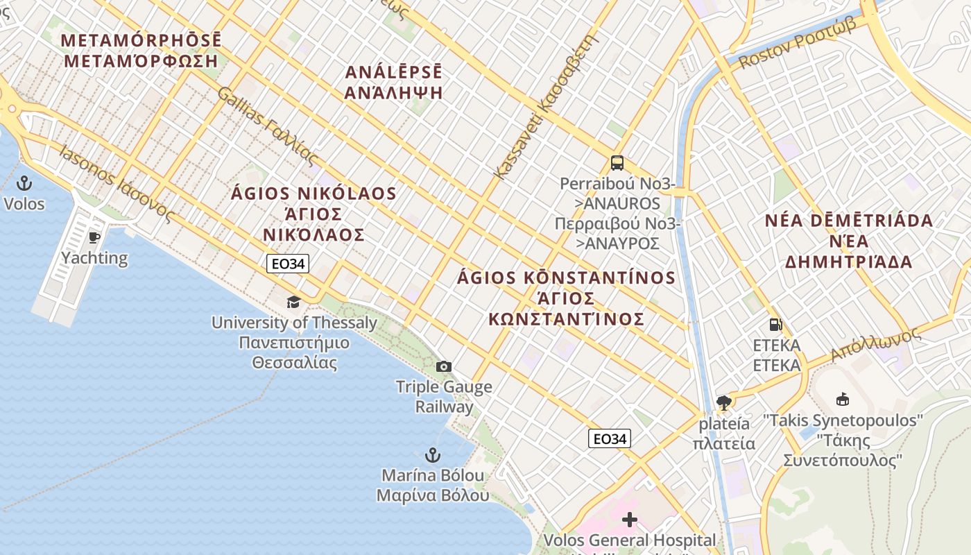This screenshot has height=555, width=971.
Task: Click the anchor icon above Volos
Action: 24,184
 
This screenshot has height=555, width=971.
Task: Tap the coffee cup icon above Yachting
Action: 94,238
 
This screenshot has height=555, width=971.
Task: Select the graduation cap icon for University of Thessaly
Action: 294,302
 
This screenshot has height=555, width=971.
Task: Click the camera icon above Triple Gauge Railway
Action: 444,366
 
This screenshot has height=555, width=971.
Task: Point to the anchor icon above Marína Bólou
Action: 433,455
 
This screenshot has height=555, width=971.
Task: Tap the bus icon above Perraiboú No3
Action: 617,163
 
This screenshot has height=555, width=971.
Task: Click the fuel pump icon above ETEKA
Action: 775,324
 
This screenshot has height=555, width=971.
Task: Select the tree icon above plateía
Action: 724,402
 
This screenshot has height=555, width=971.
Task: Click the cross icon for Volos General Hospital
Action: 630,519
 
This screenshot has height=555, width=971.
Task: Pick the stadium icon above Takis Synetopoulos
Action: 843,399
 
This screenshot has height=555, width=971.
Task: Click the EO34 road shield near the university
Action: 288,264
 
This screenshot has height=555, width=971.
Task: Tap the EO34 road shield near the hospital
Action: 610,438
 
